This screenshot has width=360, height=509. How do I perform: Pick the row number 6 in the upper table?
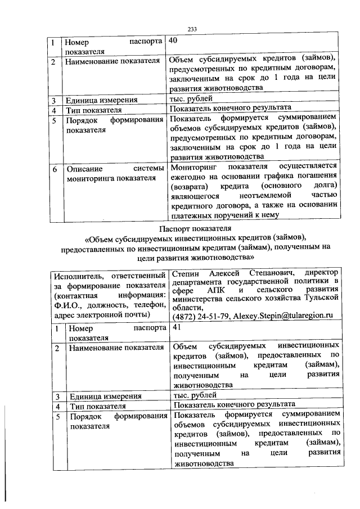[53, 168]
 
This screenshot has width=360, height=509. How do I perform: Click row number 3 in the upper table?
[53, 101]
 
